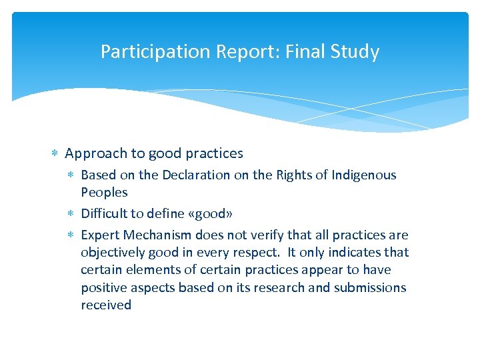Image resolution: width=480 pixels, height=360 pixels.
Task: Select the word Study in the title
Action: pos(357,52)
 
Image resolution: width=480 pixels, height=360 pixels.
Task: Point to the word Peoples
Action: pos(104,193)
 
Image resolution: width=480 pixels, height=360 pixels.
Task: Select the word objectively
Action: pos(112,253)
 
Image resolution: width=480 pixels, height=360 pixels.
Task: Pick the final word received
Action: pos(106,305)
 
